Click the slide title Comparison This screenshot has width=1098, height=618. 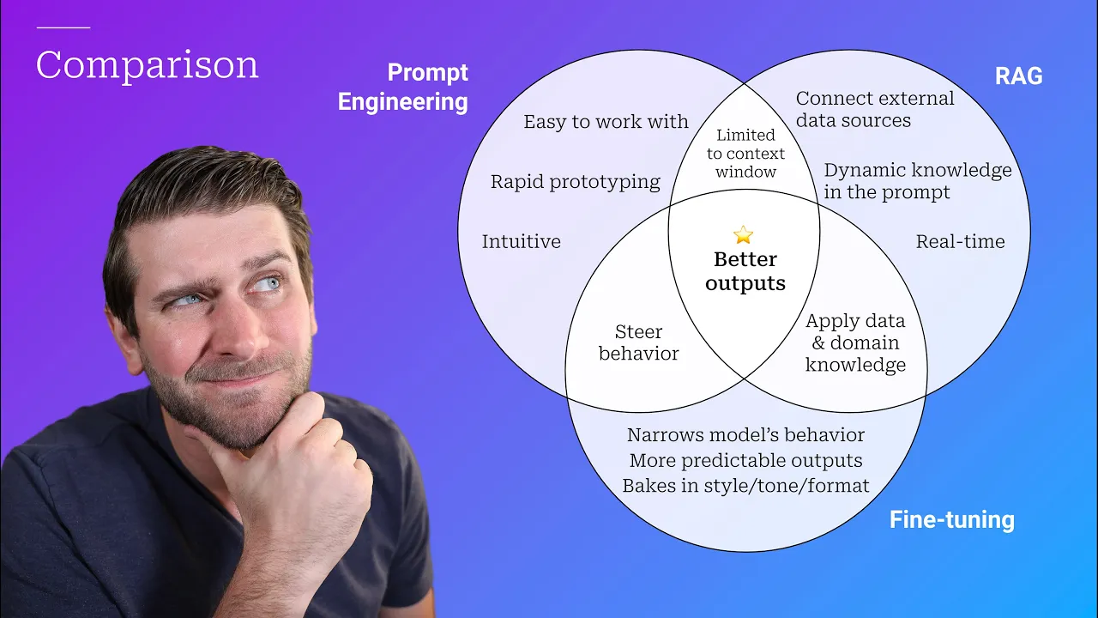click(x=147, y=66)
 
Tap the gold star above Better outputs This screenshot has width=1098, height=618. click(x=744, y=234)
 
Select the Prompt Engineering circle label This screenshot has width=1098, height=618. click(x=403, y=88)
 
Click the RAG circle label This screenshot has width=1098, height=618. click(x=1018, y=76)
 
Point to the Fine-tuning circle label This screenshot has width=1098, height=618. click(x=951, y=519)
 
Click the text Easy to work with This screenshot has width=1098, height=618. click(x=606, y=122)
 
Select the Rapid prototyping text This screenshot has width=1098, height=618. click(x=575, y=182)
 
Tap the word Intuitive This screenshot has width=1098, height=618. click(x=521, y=241)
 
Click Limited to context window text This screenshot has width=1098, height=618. click(x=745, y=154)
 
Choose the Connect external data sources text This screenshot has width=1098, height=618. click(x=874, y=109)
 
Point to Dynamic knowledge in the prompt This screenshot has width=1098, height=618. click(x=917, y=181)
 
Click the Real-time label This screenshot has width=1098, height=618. click(x=960, y=241)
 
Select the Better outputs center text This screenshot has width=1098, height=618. click(x=745, y=271)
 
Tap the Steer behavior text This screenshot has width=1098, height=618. click(x=638, y=342)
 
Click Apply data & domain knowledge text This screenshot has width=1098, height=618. click(x=855, y=342)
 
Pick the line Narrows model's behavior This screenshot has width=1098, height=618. click(x=745, y=435)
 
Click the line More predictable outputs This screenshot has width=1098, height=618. click(x=745, y=461)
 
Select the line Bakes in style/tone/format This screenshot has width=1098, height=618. click(x=745, y=486)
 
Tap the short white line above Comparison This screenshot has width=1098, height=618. click(x=63, y=27)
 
